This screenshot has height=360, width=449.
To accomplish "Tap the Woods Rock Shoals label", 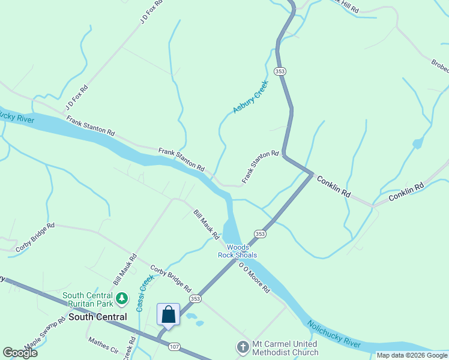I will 237,251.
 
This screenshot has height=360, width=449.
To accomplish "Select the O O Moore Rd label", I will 255,277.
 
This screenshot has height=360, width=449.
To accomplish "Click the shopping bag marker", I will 168,314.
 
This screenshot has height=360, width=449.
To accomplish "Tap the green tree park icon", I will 122,297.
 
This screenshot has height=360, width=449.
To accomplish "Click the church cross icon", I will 243,347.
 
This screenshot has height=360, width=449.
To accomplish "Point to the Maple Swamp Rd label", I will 44,334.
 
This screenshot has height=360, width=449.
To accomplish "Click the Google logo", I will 20,353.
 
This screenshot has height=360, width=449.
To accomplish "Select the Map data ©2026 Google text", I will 411,355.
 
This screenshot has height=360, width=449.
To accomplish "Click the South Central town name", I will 97,316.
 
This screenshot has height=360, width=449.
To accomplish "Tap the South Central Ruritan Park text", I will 88,299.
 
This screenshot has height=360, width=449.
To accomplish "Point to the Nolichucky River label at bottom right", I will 334,334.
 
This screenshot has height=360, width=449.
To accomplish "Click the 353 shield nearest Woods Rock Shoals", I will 260,233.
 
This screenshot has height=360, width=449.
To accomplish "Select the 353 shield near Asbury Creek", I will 280,71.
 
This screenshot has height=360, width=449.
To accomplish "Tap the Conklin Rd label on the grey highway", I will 333,187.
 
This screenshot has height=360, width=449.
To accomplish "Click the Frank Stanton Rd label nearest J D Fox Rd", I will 90,125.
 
